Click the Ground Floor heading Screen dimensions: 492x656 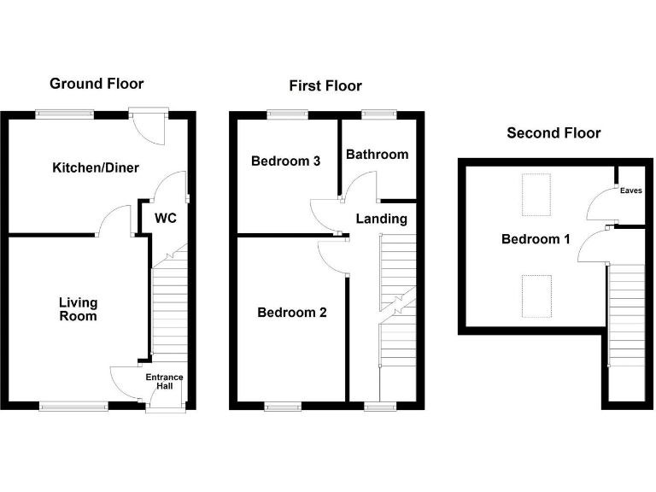(97, 83)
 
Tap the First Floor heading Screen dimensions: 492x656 (325, 85)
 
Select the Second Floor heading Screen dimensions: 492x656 (553, 132)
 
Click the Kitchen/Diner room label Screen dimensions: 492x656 (96, 167)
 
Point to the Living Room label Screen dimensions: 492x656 (78, 309)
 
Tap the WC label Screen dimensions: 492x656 (165, 218)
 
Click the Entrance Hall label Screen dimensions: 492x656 (163, 382)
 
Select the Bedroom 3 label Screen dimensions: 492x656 (285, 161)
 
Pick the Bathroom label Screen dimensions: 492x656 (377, 155)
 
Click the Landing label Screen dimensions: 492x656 (381, 219)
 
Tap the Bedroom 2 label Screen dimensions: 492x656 (292, 313)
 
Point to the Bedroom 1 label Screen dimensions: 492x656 (535, 239)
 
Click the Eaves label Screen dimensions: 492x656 (630, 190)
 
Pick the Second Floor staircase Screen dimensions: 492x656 (626, 329)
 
